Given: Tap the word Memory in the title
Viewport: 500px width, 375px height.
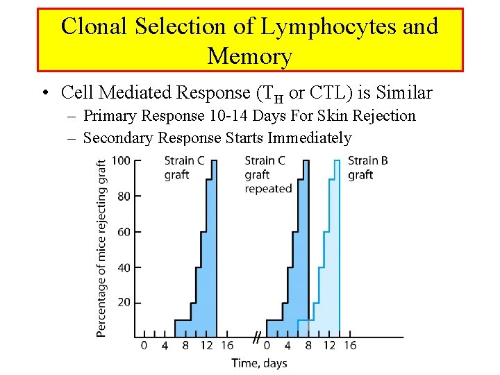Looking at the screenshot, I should pyautogui.click(x=249, y=56).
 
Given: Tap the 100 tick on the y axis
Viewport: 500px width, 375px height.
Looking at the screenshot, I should pyautogui.click(x=121, y=160).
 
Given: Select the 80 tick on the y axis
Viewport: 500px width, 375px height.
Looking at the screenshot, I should pyautogui.click(x=123, y=197).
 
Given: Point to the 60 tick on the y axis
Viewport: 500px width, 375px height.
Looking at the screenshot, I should pyautogui.click(x=123, y=232).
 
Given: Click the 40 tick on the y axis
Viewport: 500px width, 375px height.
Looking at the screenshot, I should pyautogui.click(x=123, y=267).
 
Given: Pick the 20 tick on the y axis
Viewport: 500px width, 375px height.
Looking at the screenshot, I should pyautogui.click(x=123, y=303).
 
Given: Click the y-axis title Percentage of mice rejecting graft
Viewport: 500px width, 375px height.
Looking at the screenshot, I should pyautogui.click(x=101, y=248).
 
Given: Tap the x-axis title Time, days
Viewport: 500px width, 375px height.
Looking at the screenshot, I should pyautogui.click(x=259, y=362).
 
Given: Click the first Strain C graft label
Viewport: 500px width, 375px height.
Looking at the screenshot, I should pyautogui.click(x=183, y=167).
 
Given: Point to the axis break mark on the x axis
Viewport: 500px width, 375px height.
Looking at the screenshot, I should pyautogui.click(x=256, y=338).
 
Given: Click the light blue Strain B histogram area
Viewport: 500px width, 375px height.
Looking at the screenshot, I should pyautogui.click(x=328, y=278).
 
